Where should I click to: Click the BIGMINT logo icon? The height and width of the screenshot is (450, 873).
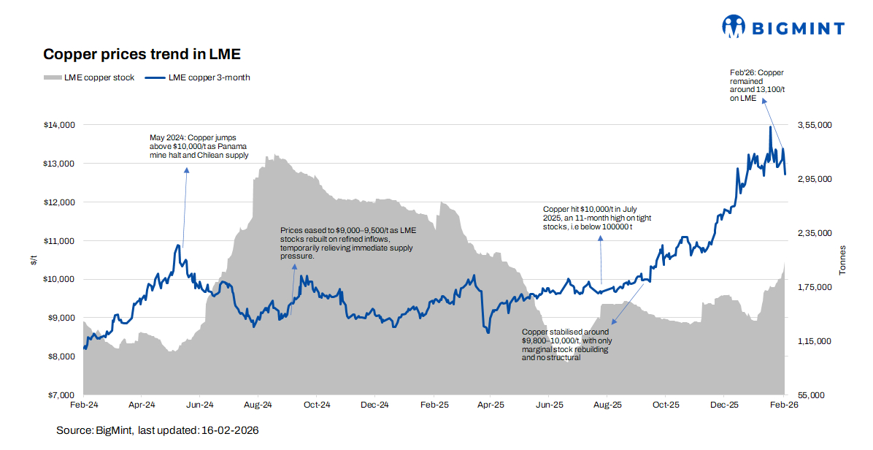coord(733,27)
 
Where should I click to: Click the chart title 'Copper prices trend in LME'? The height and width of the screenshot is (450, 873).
coord(142,54)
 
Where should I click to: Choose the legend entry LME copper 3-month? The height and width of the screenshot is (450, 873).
coord(198,77)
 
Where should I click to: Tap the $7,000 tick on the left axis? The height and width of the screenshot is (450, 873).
coord(61,395)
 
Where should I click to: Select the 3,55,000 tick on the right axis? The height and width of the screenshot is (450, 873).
coord(814,125)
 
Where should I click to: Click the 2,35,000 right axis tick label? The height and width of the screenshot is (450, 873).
coord(814,233)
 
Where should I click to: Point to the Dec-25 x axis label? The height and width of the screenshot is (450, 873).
coord(723,404)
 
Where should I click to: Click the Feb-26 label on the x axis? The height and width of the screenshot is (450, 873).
coord(783,404)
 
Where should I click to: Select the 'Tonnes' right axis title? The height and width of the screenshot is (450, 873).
coord(843,260)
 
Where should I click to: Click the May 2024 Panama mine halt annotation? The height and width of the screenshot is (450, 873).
coord(199,146)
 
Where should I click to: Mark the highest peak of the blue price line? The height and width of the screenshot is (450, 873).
coord(770,127)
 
